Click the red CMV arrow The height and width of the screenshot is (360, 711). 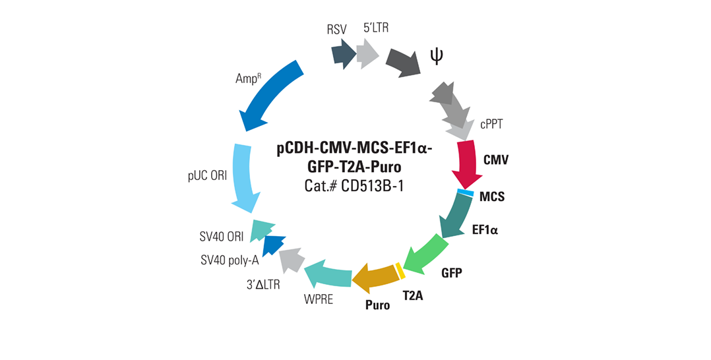468,163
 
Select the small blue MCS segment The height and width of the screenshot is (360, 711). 465,193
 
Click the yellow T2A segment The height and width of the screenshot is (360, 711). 399,270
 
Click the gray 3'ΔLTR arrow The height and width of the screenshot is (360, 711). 291,260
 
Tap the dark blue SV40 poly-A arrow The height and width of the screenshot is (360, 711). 273,245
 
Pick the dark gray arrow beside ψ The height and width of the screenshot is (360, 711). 404,63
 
